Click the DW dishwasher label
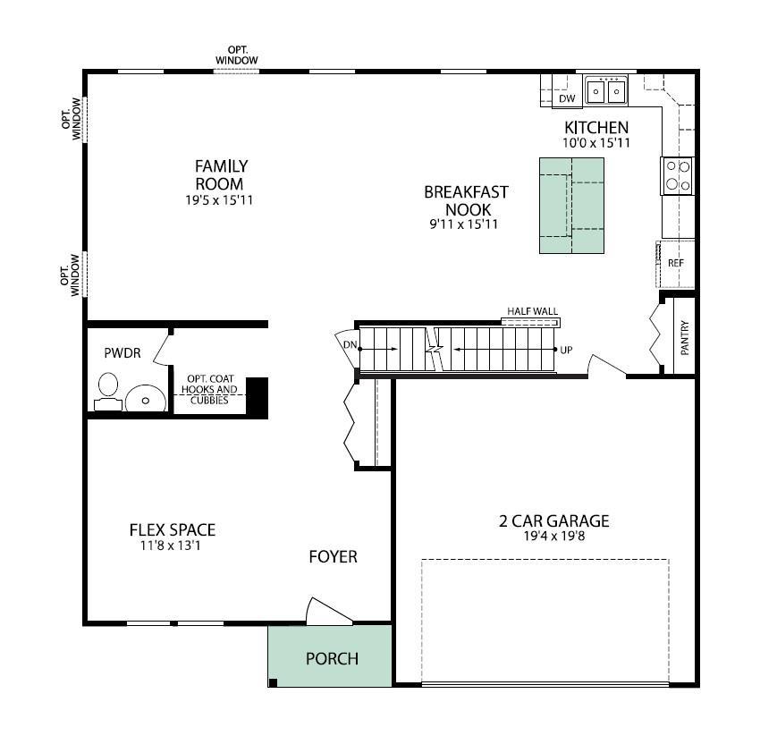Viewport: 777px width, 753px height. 567,98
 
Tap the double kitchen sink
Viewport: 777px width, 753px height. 605,90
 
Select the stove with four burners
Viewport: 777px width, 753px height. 677,176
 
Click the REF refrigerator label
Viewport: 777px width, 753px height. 675,263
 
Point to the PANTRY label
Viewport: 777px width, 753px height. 685,339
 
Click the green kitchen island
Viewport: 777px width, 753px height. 571,205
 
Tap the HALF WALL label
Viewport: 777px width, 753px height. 532,311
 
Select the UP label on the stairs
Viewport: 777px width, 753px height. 566,350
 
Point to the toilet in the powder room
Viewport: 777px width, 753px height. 107,391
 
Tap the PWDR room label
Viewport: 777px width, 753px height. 122,353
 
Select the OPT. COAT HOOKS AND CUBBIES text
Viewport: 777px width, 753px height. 209,389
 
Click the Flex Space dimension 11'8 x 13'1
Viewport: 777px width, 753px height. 172,545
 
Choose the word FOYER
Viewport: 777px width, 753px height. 333,557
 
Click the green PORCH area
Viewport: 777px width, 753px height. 331,658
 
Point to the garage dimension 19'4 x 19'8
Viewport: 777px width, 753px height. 553,537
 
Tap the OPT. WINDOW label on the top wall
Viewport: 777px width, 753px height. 237,55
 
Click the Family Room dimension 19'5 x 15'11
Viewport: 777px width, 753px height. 220,200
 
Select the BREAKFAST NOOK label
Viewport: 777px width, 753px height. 465,200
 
